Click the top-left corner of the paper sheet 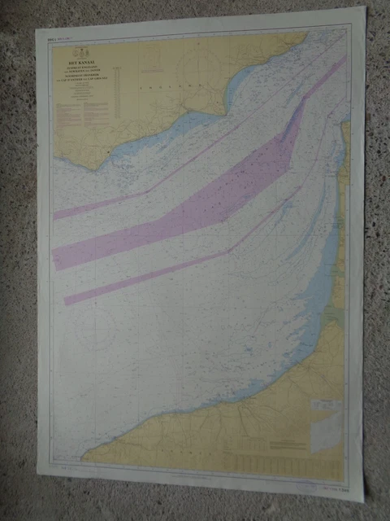tap(36, 31)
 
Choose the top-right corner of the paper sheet tap(366, 7)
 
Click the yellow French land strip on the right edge tap(345, 163)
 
